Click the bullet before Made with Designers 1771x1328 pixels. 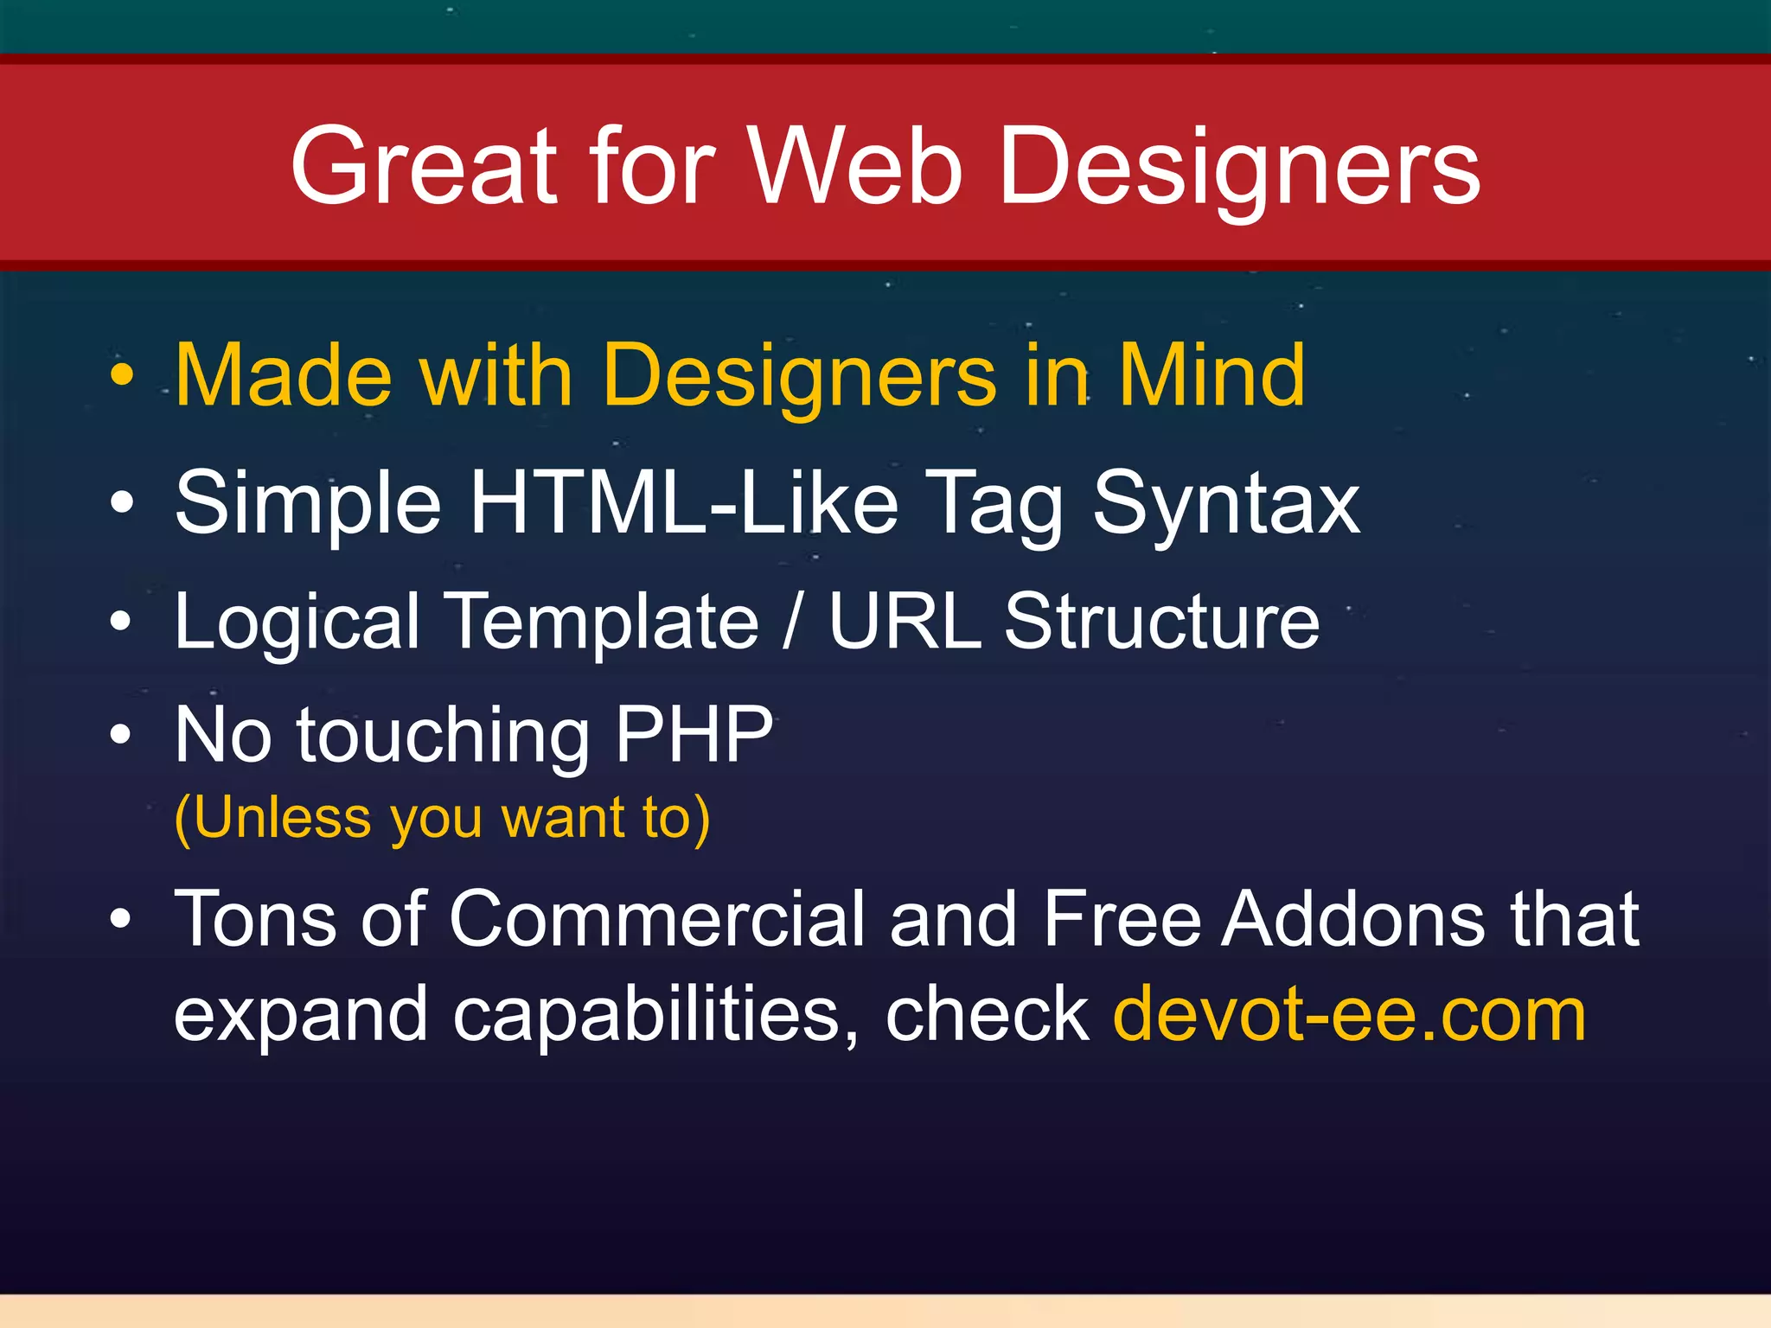point(123,375)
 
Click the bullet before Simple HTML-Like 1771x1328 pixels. point(123,502)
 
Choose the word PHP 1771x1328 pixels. point(694,734)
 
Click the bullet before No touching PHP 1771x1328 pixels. point(122,735)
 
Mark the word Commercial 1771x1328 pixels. point(656,918)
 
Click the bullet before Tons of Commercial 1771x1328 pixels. point(122,919)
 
